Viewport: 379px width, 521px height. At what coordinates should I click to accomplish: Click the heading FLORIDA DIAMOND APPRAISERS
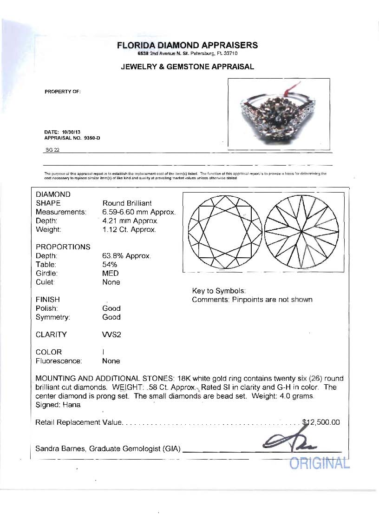(x=187, y=45)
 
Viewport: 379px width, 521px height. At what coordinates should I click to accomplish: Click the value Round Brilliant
(x=127, y=203)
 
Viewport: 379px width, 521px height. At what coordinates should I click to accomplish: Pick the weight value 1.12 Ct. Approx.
(x=129, y=230)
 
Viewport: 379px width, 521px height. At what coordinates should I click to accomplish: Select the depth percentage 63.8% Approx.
(x=126, y=256)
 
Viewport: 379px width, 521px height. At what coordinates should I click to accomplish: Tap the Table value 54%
(x=110, y=265)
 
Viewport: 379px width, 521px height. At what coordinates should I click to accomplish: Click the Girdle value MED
(x=111, y=274)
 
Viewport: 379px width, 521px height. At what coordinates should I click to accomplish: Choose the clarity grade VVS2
(x=111, y=335)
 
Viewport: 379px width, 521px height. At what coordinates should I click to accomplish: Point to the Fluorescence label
(x=59, y=361)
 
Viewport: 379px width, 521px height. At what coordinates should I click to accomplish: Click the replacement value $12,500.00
(x=321, y=422)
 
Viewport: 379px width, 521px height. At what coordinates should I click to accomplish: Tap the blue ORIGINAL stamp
(x=319, y=463)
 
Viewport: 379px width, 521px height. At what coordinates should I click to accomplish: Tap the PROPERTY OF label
(x=63, y=91)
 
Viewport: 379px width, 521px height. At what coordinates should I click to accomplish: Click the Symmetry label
(x=52, y=317)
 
